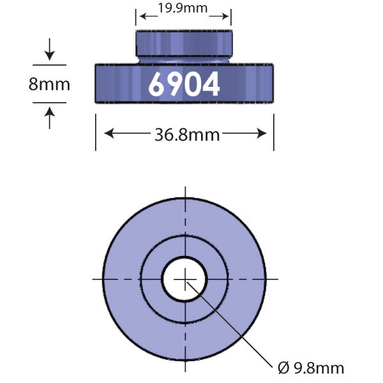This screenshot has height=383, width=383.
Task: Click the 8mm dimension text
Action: (x=49, y=84)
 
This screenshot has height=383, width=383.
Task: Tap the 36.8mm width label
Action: (x=187, y=135)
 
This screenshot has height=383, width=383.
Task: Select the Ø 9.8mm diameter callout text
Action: (x=311, y=368)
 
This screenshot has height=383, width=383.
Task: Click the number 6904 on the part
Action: (x=184, y=83)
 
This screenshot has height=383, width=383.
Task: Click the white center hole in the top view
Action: (x=184, y=279)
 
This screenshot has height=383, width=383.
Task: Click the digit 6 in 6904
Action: (x=158, y=83)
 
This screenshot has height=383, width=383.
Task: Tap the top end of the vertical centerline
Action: (x=184, y=189)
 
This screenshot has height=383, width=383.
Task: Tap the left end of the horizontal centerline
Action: (x=94, y=279)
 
